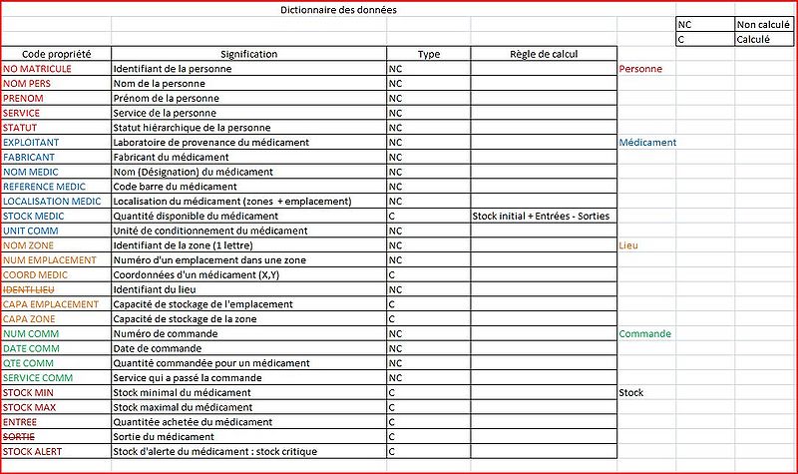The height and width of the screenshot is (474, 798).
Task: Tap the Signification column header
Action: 248,54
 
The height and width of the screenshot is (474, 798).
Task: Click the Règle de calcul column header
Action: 543,54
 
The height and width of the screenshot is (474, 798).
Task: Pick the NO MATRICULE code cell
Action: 38,69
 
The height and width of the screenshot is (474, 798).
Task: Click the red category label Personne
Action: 640,69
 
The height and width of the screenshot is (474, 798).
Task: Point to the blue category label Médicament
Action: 647,143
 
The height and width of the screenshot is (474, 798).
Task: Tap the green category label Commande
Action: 643,333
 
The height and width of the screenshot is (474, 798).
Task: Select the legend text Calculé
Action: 752,39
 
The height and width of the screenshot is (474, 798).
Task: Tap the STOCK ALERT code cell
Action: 34,452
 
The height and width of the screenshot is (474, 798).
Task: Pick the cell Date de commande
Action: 157,348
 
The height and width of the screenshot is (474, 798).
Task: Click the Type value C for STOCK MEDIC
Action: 392,216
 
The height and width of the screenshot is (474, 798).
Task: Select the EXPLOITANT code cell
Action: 31,143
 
